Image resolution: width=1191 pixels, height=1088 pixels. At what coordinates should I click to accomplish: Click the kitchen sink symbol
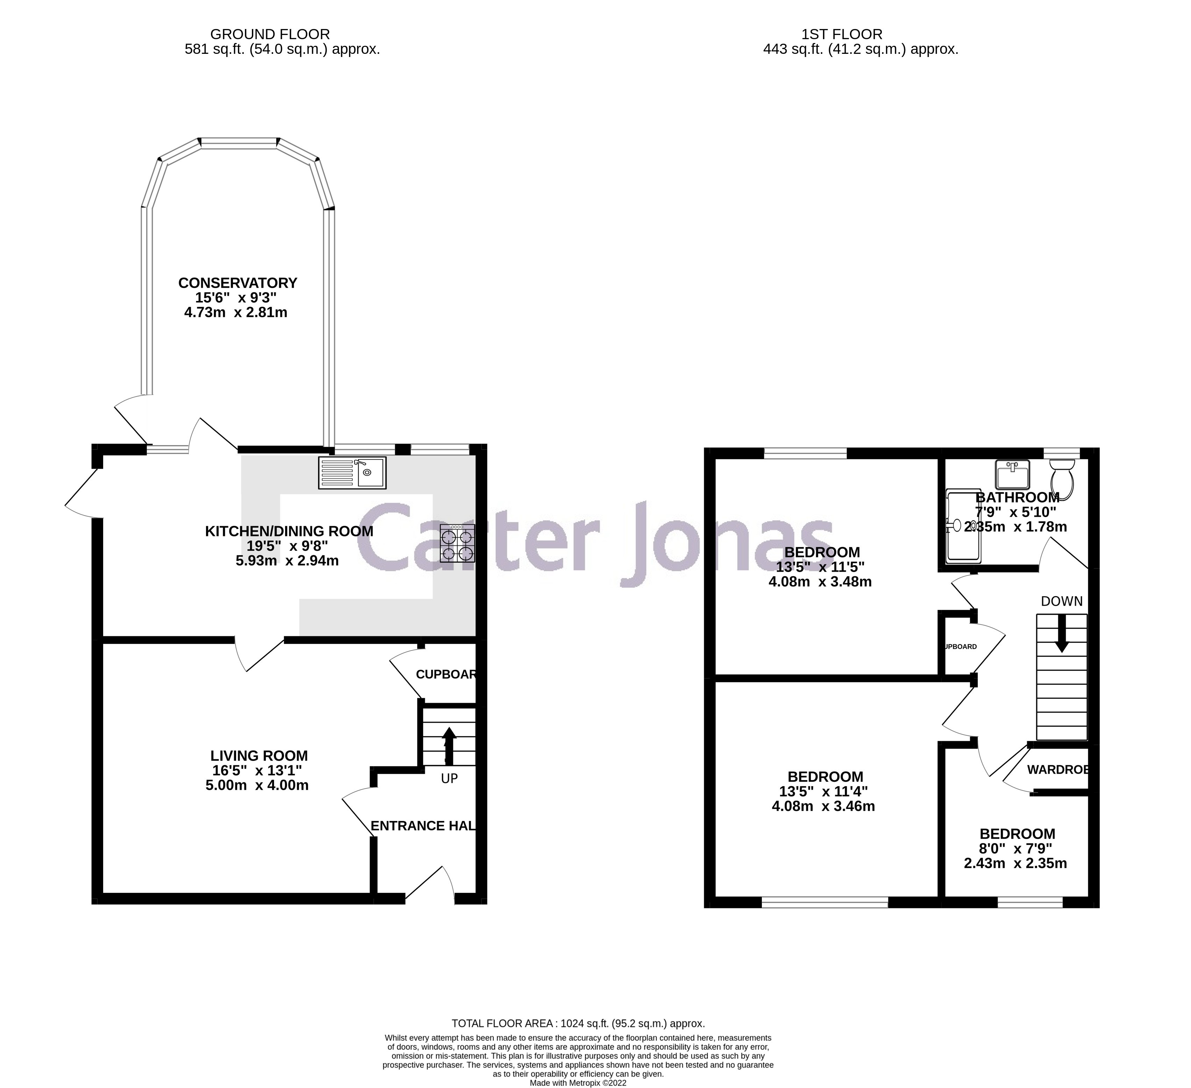[352, 473]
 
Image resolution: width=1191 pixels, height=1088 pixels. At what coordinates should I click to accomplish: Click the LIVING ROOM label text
[259, 756]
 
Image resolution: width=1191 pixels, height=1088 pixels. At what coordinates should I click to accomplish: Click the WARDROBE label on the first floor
[1057, 770]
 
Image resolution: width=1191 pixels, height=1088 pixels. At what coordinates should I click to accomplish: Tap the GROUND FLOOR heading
[270, 34]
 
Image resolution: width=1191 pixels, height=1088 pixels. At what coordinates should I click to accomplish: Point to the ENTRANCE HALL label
[423, 826]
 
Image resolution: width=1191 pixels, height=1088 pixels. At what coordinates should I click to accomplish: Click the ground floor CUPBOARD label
[446, 674]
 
